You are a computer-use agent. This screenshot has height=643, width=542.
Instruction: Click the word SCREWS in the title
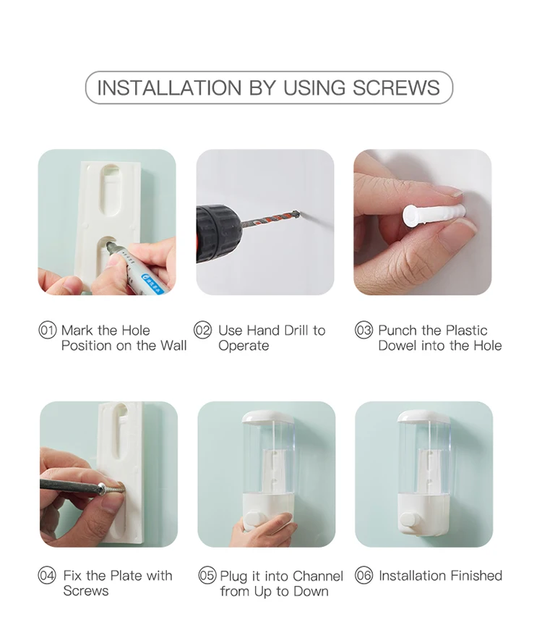coord(396,88)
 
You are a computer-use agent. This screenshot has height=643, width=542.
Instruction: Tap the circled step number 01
coord(47,331)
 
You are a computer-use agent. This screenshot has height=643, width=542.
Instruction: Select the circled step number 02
coord(202,331)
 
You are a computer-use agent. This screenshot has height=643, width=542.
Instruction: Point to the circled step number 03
coord(364,331)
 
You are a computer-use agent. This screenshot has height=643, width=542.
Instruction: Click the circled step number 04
coord(47,576)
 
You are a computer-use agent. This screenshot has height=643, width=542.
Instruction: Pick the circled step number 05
coord(207,576)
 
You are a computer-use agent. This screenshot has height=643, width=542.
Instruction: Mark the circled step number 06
coord(364,575)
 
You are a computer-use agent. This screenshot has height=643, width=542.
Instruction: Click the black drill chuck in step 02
coord(218,231)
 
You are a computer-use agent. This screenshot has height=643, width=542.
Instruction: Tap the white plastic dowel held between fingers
coord(434,215)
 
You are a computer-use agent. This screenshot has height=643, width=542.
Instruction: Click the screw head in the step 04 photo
coord(103,490)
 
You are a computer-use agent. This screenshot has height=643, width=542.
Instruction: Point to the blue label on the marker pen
coord(152,284)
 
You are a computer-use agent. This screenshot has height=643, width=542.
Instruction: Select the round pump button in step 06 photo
coord(408,520)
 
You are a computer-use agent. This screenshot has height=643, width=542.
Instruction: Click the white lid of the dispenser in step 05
coord(267,417)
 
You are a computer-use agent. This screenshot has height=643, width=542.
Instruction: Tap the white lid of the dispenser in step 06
coord(424,416)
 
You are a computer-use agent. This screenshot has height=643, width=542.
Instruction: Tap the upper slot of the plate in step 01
coord(111,190)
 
